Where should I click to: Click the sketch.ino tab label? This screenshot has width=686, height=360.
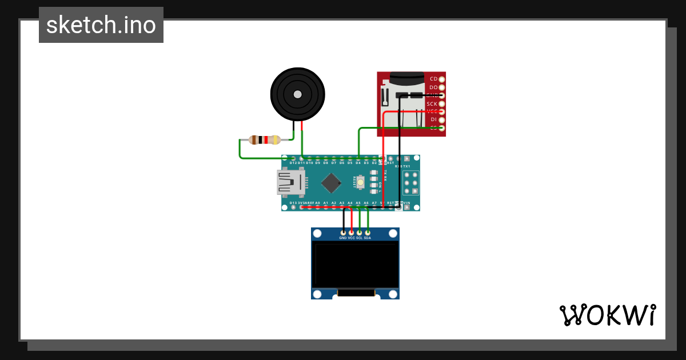pyautogui.click(x=101, y=25)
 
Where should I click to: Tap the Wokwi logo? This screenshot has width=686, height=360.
pyautogui.click(x=607, y=315)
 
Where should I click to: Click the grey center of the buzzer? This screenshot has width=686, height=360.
pyautogui.click(x=297, y=94)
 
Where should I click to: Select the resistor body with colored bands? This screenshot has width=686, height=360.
pyautogui.click(x=264, y=139)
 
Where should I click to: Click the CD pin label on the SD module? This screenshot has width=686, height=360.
pyautogui.click(x=433, y=79)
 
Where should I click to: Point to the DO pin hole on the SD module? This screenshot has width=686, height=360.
pyautogui.click(x=441, y=87)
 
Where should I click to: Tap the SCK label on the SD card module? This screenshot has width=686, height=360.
pyautogui.click(x=432, y=104)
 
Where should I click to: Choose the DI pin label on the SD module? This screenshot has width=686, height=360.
pyautogui.click(x=433, y=119)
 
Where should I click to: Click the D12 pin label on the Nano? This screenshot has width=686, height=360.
pyautogui.click(x=293, y=163)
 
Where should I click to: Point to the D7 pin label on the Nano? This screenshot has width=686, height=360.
pyautogui.click(x=333, y=163)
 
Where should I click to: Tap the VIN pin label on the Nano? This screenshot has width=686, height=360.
pyautogui.click(x=406, y=203)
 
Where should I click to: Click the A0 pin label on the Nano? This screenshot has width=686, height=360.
pyautogui.click(x=317, y=203)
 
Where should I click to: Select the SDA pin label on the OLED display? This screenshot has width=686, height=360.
pyautogui.click(x=368, y=238)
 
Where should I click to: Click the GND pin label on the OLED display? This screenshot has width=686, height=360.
pyautogui.click(x=343, y=238)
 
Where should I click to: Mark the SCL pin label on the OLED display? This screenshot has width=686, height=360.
pyautogui.click(x=360, y=238)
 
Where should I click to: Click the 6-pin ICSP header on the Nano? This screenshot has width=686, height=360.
pyautogui.click(x=410, y=183)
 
